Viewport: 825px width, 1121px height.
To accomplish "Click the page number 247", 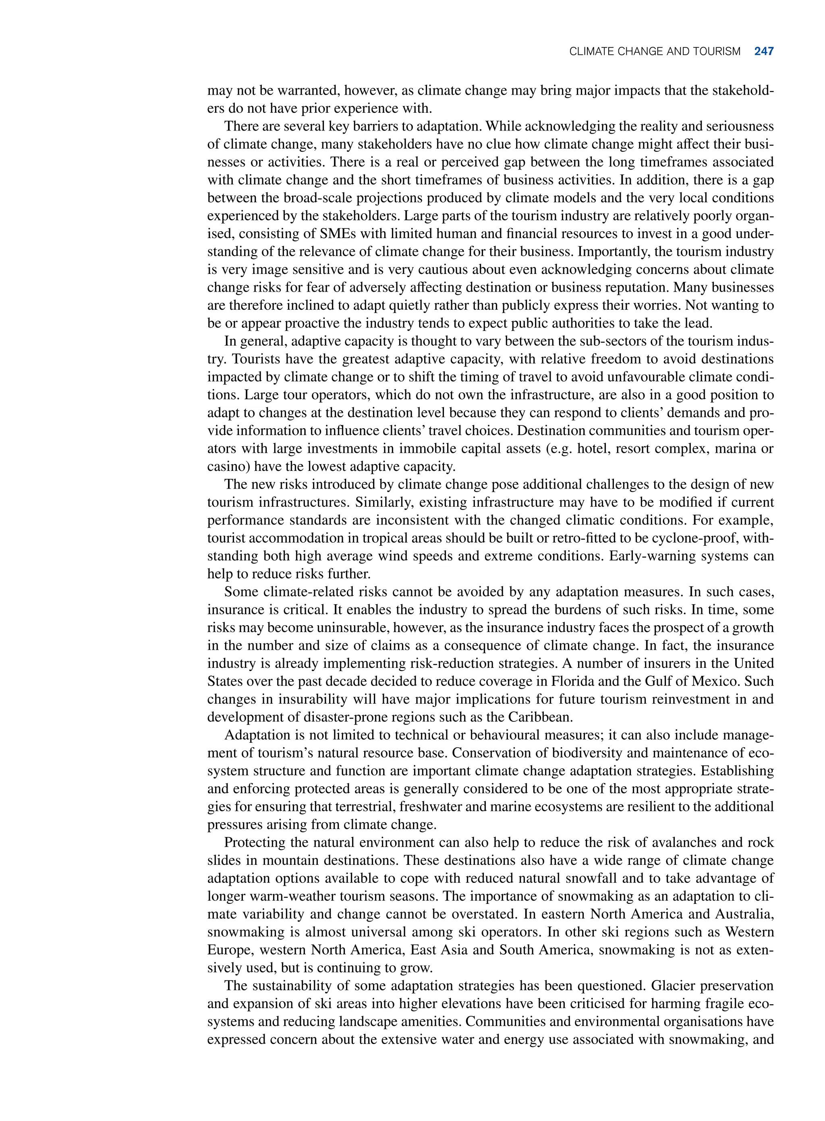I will tap(764, 52).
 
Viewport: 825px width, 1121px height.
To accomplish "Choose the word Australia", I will tap(744, 914).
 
